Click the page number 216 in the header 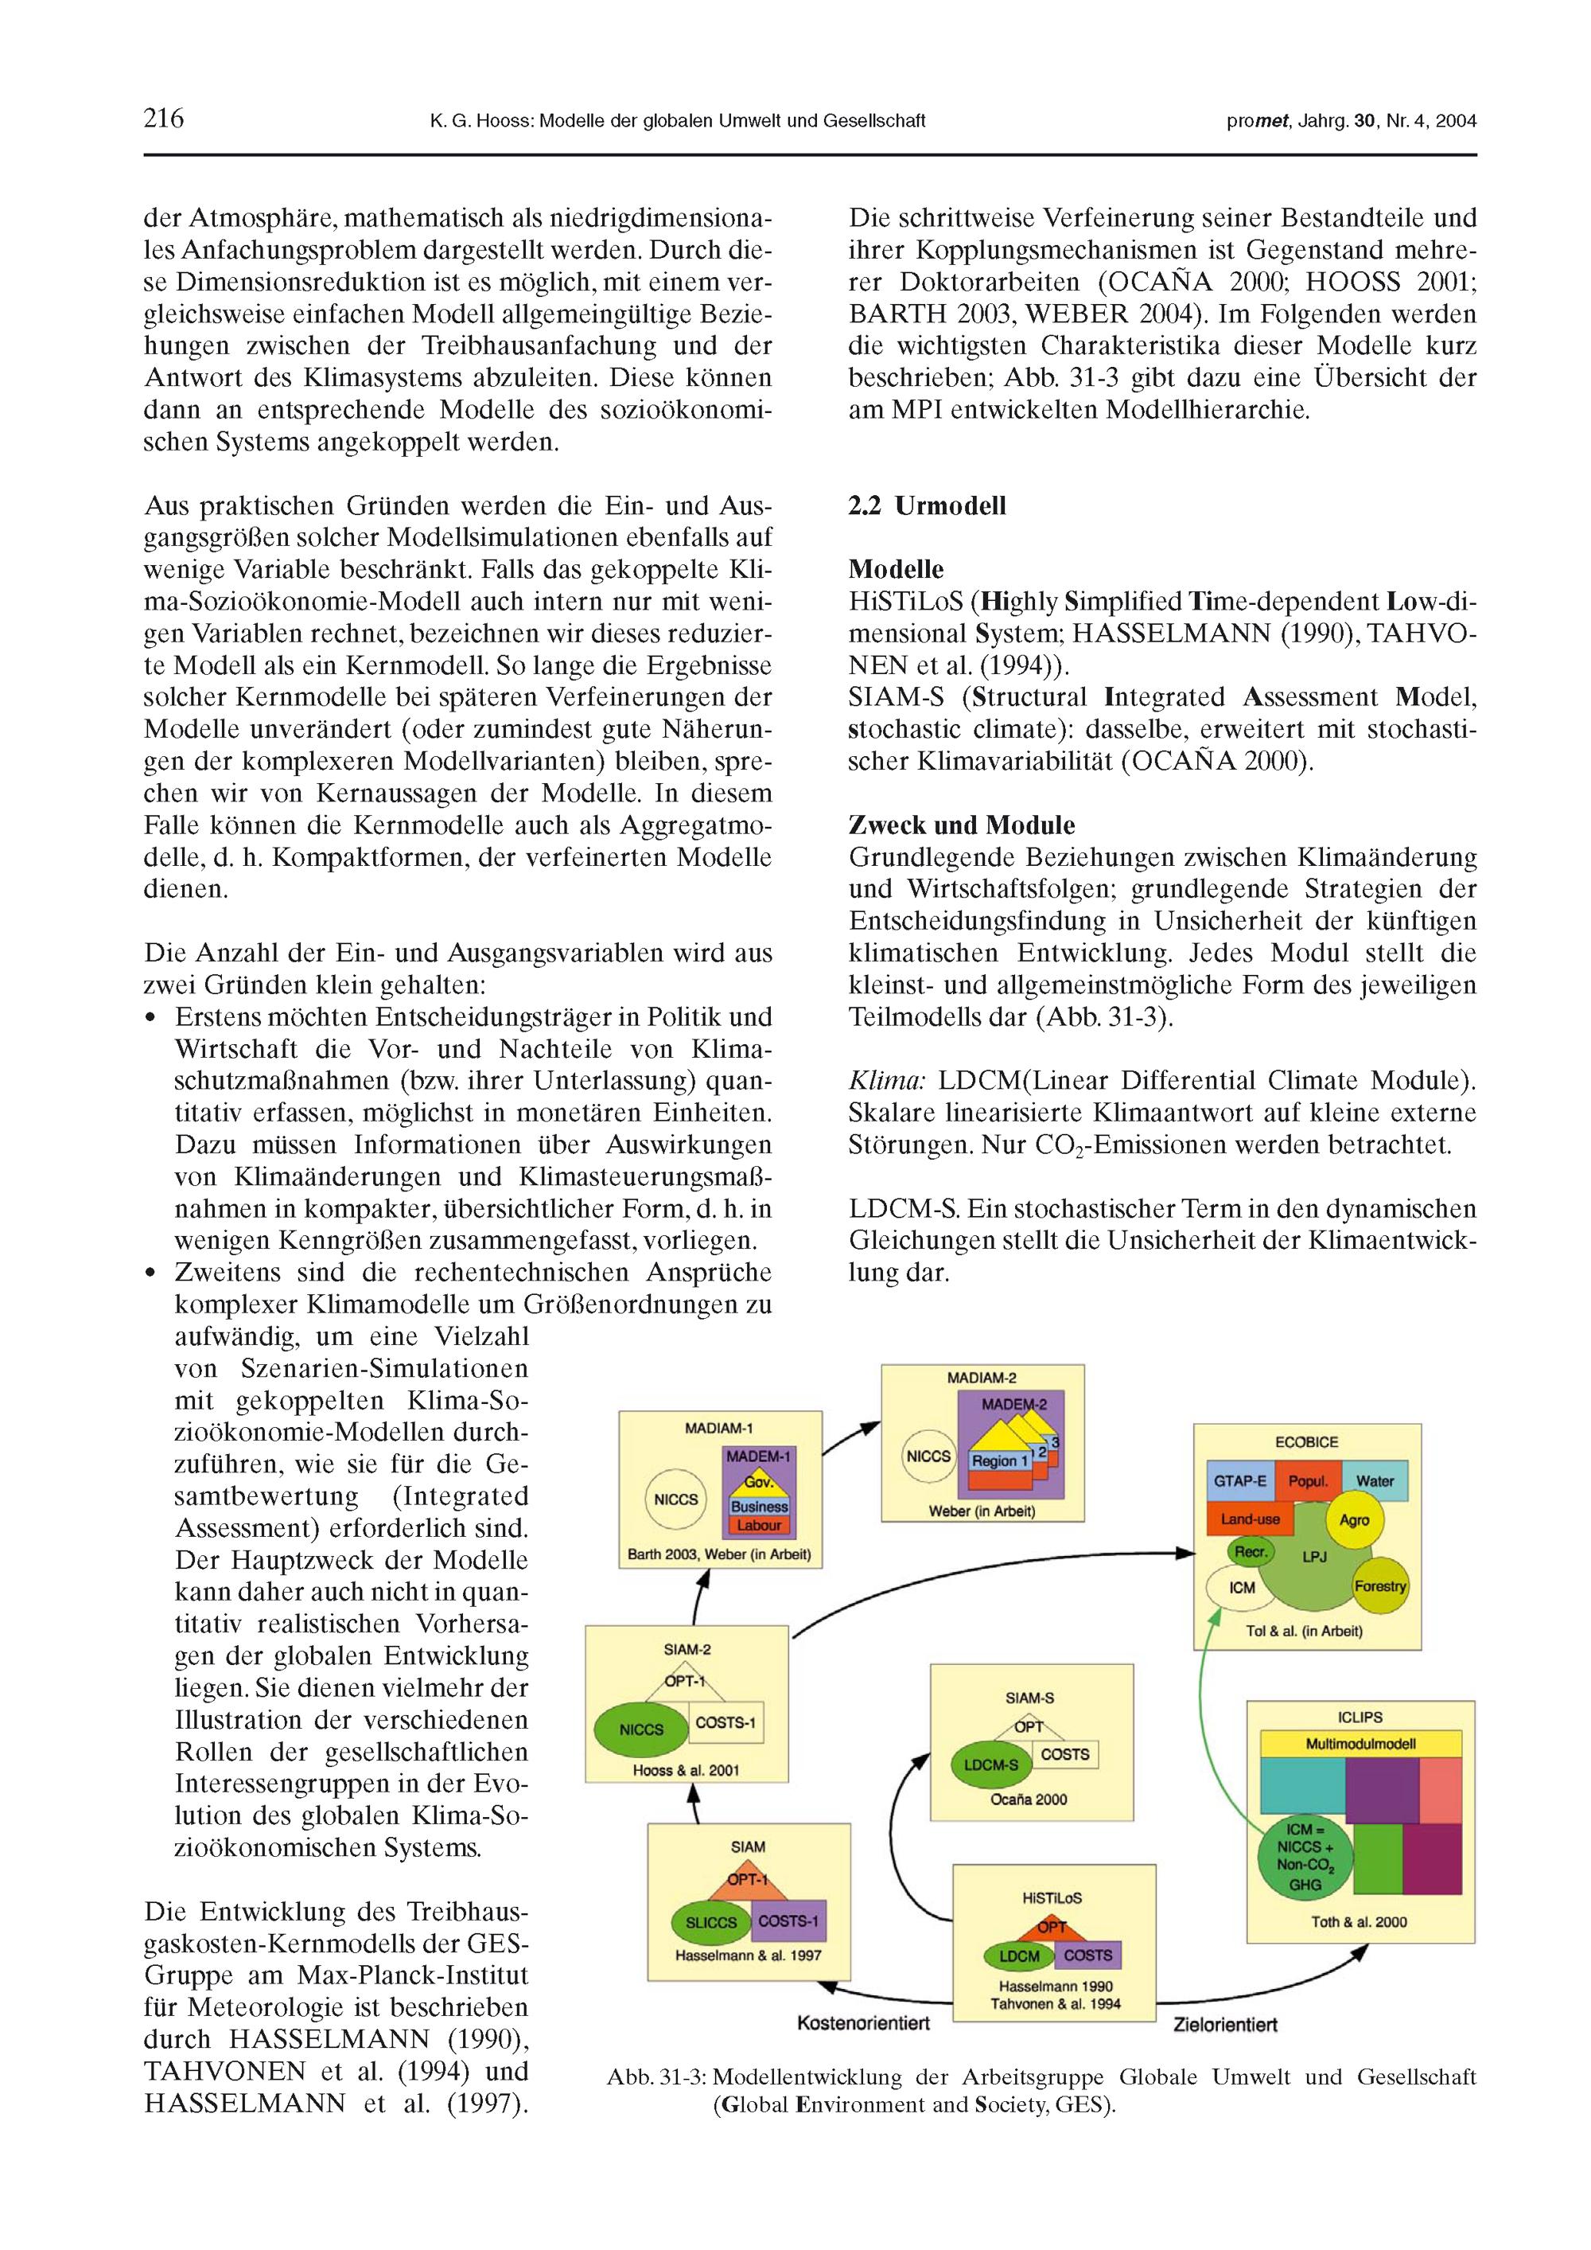tap(164, 119)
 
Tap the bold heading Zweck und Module tap(961, 825)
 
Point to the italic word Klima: tap(885, 1081)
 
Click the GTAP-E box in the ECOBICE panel tap(1239, 1480)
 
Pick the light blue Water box tap(1375, 1480)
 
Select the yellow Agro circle tap(1354, 1520)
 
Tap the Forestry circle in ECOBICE tap(1379, 1585)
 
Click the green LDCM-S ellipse tap(990, 1765)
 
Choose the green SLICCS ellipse tap(710, 1922)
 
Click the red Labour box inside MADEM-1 tap(758, 1525)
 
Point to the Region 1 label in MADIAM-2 tap(999, 1460)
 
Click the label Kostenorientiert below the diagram tap(862, 2022)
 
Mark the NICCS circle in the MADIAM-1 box tap(676, 1499)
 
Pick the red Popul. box tap(1307, 1480)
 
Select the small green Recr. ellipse tap(1250, 1551)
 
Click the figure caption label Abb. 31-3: tap(657, 2076)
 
